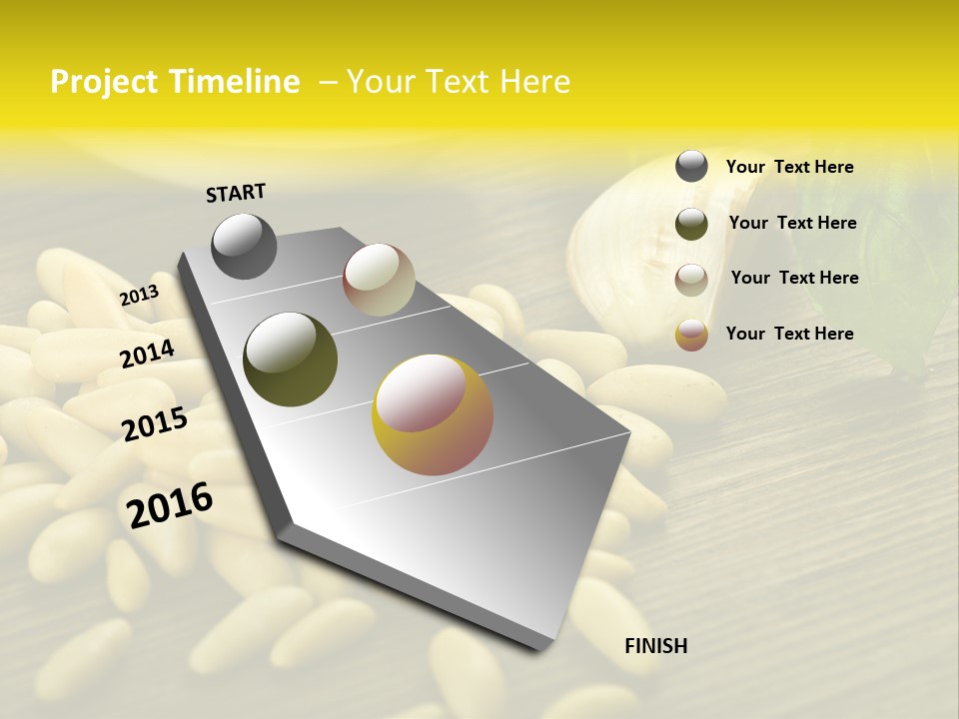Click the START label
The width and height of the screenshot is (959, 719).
point(236,193)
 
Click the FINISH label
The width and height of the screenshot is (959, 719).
point(655,646)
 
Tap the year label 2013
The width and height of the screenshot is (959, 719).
point(139,296)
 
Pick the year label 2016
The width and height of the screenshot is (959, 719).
point(170,505)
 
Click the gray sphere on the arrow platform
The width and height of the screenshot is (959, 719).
point(244,246)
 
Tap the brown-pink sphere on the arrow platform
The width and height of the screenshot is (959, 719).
point(379,280)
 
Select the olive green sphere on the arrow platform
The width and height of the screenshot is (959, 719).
point(290,359)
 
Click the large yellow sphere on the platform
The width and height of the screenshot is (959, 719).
point(433,414)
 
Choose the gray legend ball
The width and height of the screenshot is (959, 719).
point(691,166)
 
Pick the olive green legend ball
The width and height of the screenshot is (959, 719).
point(691,224)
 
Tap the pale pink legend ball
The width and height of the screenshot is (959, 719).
point(691,280)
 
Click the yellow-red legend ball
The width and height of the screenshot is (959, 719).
point(691,335)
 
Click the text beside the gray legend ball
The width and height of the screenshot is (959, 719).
point(789,167)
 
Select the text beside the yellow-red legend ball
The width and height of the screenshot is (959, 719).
point(789,334)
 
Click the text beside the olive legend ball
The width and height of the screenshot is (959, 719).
point(792,223)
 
